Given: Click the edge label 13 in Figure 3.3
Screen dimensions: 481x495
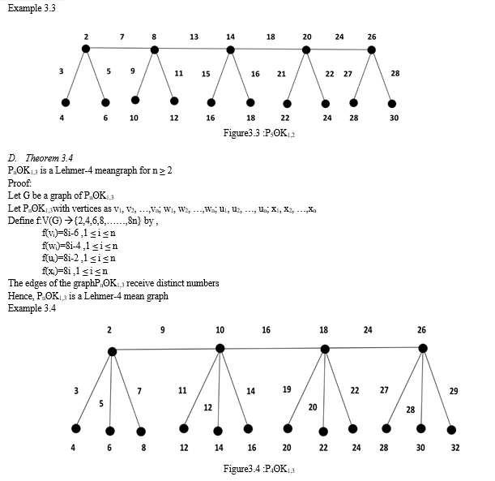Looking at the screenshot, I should point(194,37).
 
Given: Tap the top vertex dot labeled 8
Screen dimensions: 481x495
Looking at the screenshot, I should point(155,50).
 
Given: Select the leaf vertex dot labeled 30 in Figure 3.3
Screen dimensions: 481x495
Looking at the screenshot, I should point(393,104).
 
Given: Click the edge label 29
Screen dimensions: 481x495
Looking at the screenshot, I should point(454,391).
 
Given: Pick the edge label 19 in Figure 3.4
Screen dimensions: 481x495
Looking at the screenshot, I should point(287,389).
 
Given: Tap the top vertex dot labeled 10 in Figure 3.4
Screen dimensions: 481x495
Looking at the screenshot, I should point(220,348).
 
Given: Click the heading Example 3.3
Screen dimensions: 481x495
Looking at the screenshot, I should point(29,7).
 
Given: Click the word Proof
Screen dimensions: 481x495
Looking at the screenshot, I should point(20,183).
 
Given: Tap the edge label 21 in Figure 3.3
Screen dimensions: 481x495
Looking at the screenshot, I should point(281,74).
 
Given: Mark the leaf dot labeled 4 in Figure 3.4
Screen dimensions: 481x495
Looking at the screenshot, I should point(76,428).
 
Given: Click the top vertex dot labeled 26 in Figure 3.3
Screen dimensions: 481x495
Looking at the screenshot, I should point(372,49).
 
